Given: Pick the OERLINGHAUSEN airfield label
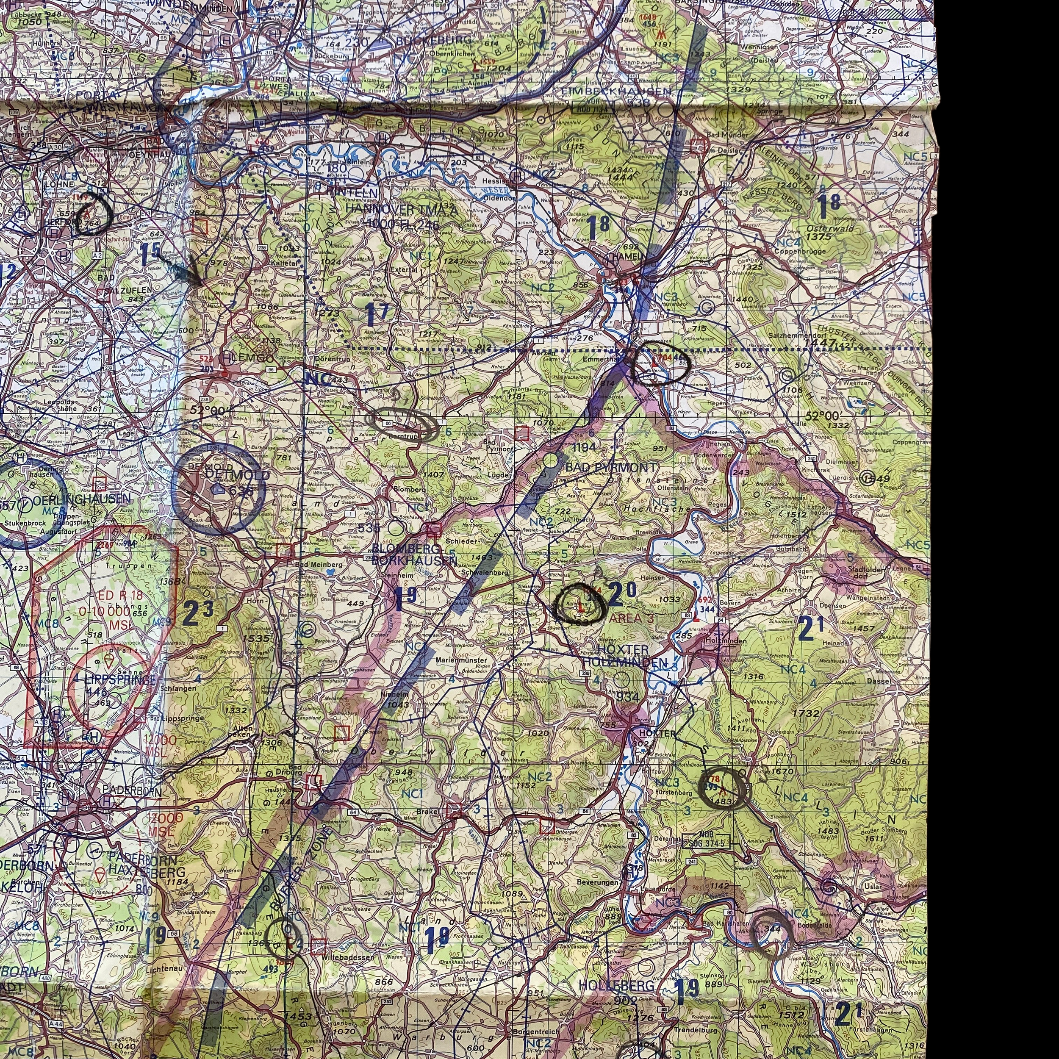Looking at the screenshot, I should pos(82,499).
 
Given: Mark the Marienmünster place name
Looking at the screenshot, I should pos(460,660).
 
